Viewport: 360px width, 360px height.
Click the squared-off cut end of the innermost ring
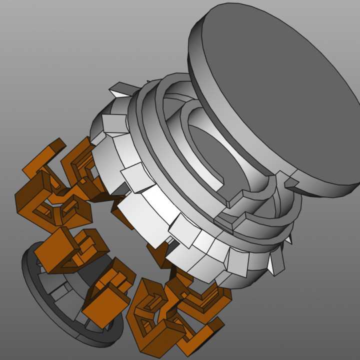tap(235, 199)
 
